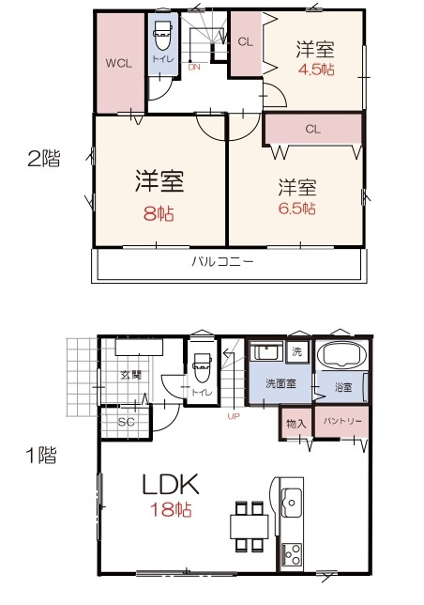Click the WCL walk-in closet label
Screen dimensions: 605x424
pos(117,63)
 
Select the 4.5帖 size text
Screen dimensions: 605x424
pos(316,69)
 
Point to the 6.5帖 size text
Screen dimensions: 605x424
pos(295,208)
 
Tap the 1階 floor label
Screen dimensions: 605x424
pos(41,458)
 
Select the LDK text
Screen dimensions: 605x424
pos(169,485)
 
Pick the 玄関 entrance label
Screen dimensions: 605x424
pos(129,376)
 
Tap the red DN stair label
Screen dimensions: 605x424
pos(194,67)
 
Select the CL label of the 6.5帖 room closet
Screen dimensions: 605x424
pos(313,129)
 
